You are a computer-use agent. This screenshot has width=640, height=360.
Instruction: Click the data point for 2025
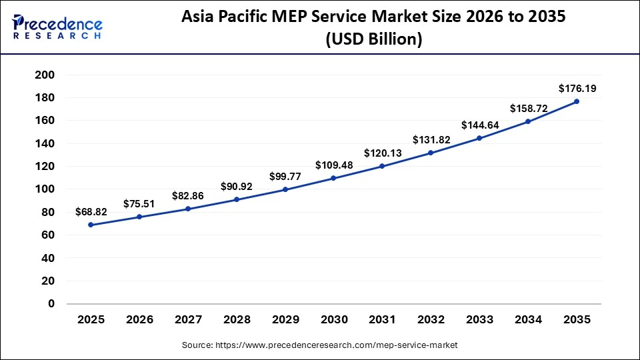pyautogui.click(x=91, y=225)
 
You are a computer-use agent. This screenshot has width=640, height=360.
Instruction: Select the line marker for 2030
pyautogui.click(x=333, y=178)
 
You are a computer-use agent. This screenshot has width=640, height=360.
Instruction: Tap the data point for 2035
pyautogui.click(x=577, y=101)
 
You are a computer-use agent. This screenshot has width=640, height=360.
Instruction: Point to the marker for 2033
pyautogui.click(x=479, y=138)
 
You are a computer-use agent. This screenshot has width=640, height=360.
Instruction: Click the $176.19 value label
pyautogui.click(x=577, y=87)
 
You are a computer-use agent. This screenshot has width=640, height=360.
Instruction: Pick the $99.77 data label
pyautogui.click(x=285, y=176)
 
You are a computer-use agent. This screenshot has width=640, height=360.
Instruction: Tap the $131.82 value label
pyautogui.click(x=431, y=139)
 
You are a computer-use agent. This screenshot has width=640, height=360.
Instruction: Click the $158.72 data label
pyautogui.click(x=528, y=108)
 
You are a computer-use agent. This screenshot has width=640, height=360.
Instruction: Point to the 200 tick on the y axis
pyautogui.click(x=44, y=75)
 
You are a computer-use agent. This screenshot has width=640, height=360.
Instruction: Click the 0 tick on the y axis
pyautogui.click(x=51, y=303)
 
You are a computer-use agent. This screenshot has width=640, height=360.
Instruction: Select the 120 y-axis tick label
pyautogui.click(x=44, y=166)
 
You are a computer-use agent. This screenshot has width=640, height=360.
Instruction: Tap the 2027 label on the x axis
pyautogui.click(x=188, y=320)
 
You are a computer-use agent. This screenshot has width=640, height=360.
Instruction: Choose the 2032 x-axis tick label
pyautogui.click(x=431, y=320)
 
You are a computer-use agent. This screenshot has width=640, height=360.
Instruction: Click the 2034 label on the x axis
pyautogui.click(x=528, y=320)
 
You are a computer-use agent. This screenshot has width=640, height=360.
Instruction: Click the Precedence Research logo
pyautogui.click(x=57, y=27)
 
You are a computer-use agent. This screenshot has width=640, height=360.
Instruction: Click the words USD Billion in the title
pyautogui.click(x=374, y=40)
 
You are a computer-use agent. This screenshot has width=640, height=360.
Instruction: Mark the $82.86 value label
pyautogui.click(x=188, y=195)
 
